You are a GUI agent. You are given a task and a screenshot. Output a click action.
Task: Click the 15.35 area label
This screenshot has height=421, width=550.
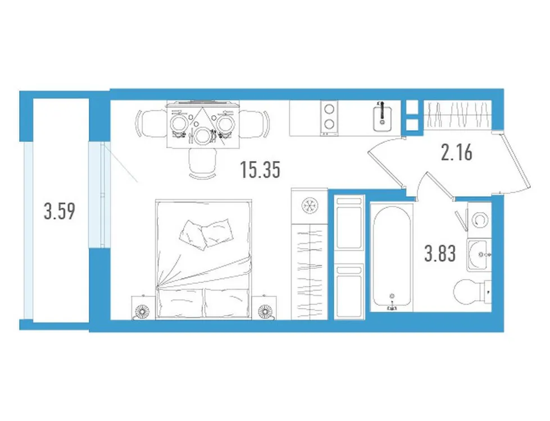[x=260, y=169]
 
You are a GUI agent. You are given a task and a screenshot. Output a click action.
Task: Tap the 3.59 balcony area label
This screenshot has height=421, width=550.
[x=60, y=212]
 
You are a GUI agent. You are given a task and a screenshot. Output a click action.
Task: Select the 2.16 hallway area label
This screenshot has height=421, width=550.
[x=456, y=152]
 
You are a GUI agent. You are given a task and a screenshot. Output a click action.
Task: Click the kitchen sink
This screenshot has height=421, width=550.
[x=383, y=115]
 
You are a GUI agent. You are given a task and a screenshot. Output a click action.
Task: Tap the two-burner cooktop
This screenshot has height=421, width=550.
[x=329, y=117]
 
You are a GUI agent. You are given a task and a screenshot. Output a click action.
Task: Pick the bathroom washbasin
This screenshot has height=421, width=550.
[x=478, y=253]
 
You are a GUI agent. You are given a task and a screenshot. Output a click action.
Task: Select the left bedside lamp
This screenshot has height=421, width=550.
[x=142, y=310]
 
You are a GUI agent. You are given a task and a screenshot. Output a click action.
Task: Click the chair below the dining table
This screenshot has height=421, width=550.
[x=202, y=163]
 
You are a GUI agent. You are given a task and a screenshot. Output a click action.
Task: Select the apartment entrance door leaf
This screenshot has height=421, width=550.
[x=516, y=163]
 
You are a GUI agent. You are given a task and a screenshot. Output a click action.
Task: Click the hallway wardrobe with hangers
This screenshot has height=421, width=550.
[x=456, y=116]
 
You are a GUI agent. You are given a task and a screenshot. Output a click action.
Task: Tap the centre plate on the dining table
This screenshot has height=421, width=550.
[x=202, y=134]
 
